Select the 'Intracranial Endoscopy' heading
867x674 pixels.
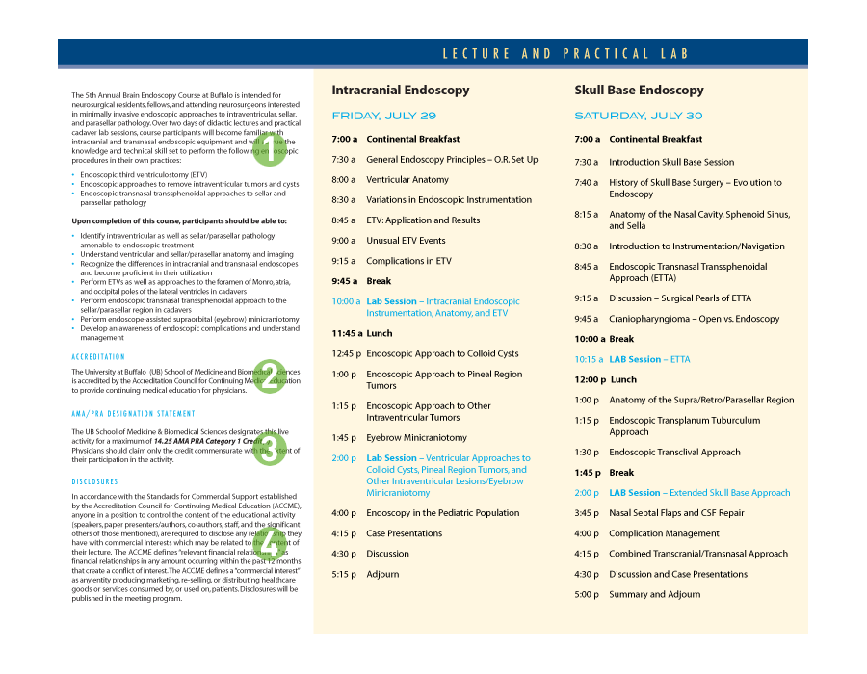401,90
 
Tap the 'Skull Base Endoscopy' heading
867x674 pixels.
639,90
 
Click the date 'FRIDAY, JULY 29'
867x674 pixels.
383,116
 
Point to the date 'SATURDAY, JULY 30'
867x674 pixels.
639,116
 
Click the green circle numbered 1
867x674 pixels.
271,151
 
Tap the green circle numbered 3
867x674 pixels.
269,450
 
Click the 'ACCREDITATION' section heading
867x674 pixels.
98,357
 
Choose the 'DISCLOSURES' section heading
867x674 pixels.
94,481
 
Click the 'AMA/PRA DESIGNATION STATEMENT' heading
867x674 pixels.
126,414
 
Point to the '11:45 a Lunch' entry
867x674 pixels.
362,333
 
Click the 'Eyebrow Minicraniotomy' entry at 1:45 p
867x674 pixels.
416,437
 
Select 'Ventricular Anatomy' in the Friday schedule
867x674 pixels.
407,180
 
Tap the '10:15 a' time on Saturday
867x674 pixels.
588,359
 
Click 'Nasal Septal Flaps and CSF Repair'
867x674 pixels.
676,513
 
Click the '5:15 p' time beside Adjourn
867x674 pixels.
344,574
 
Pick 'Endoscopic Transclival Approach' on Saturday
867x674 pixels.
674,453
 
